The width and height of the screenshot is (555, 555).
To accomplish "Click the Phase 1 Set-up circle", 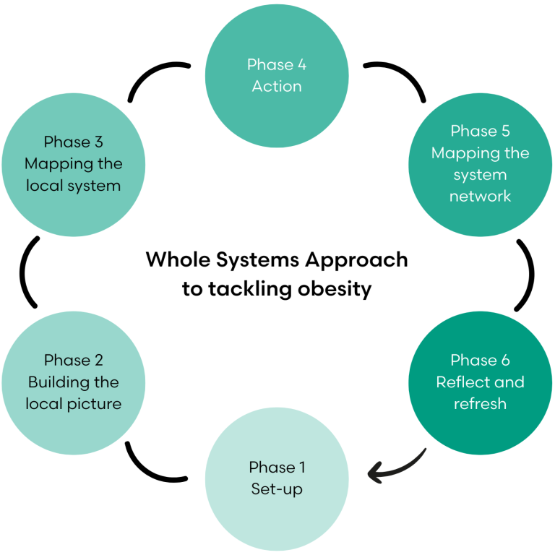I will pos(277,478).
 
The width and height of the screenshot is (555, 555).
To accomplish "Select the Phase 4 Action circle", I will pos(277,75).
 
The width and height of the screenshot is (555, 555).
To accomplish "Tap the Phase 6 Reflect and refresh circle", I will pos(480,382).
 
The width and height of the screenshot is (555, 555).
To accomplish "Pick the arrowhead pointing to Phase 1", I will pos(375,474).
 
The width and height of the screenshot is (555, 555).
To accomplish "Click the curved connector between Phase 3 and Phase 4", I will pos(155,77).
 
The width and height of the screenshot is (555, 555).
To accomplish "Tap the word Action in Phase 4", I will pos(277,86).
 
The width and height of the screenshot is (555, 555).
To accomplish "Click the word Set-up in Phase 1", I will pos(277,489).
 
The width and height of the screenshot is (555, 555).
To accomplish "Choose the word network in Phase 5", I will pos(480,197).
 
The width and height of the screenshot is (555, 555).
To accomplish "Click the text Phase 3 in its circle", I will pos(73,142).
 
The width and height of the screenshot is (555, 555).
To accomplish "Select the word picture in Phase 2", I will pos(94,404).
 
